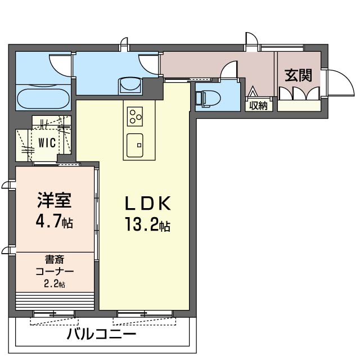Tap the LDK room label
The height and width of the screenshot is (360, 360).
pyautogui.click(x=148, y=204)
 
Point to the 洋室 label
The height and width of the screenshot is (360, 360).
pyautogui.click(x=55, y=200)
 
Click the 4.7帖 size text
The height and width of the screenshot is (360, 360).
pyautogui.click(x=55, y=220)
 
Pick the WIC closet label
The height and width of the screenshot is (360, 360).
pyautogui.click(x=47, y=143)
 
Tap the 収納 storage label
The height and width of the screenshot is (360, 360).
pyautogui.click(x=259, y=106)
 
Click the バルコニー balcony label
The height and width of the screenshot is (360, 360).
pyautogui.click(x=101, y=334)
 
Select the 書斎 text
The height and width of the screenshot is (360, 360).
pyautogui.click(x=55, y=260)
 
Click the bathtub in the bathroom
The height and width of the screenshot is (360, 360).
pyautogui.click(x=44, y=99)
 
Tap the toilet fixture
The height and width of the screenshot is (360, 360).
pyautogui.click(x=208, y=98)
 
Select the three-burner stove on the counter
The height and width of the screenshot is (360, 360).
pyautogui.click(x=135, y=116)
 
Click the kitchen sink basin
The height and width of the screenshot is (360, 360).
pyautogui.click(x=135, y=145)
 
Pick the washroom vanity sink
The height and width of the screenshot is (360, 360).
pyautogui.click(x=130, y=85)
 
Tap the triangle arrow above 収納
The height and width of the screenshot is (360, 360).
pyautogui.click(x=253, y=91)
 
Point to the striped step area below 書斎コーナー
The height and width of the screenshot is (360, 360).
pyautogui.click(x=55, y=301)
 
